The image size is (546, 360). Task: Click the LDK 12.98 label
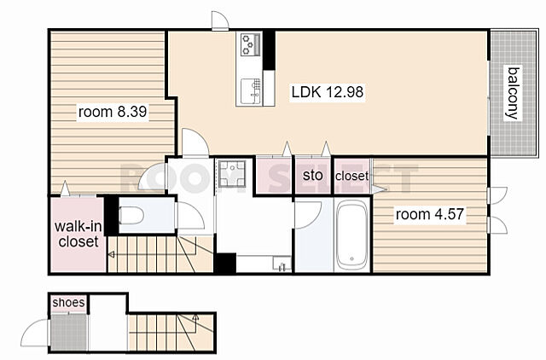click(x=328, y=92)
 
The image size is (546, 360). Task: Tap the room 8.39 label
click(x=113, y=112)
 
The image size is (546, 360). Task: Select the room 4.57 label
click(x=430, y=214)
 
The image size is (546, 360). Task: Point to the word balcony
click(x=513, y=93)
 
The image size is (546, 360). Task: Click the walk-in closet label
click(x=78, y=234)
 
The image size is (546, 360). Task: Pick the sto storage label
click(x=312, y=175)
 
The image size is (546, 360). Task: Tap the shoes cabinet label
click(x=68, y=303)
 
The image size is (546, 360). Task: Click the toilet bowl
click(x=131, y=216)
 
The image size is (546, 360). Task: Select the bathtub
click(x=352, y=235)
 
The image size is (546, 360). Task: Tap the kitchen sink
click(x=251, y=91)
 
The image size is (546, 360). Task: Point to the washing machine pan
click(x=231, y=173)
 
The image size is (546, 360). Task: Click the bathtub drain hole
click(x=352, y=258)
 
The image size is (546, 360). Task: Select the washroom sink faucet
click(x=282, y=267)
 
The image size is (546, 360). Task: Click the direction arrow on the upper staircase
click(x=111, y=255)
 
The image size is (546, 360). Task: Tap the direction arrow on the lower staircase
click(x=195, y=316)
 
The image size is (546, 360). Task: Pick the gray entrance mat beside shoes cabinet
click(x=69, y=332)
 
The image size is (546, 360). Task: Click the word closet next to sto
click(x=351, y=177)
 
